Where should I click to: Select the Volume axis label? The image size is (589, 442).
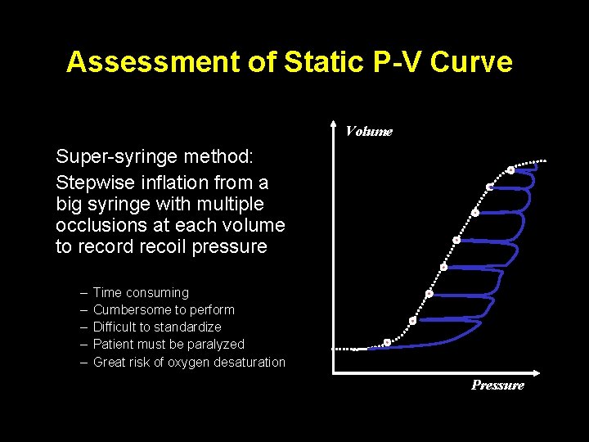tap(368, 131)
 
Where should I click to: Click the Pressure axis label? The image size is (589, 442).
tap(497, 386)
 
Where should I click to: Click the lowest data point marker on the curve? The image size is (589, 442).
tap(387, 342)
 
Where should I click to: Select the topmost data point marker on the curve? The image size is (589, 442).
tap(510, 170)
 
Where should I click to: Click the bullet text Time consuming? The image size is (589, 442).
tap(141, 292)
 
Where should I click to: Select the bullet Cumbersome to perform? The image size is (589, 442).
tap(164, 309)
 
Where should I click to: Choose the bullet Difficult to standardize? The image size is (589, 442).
tap(157, 327)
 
